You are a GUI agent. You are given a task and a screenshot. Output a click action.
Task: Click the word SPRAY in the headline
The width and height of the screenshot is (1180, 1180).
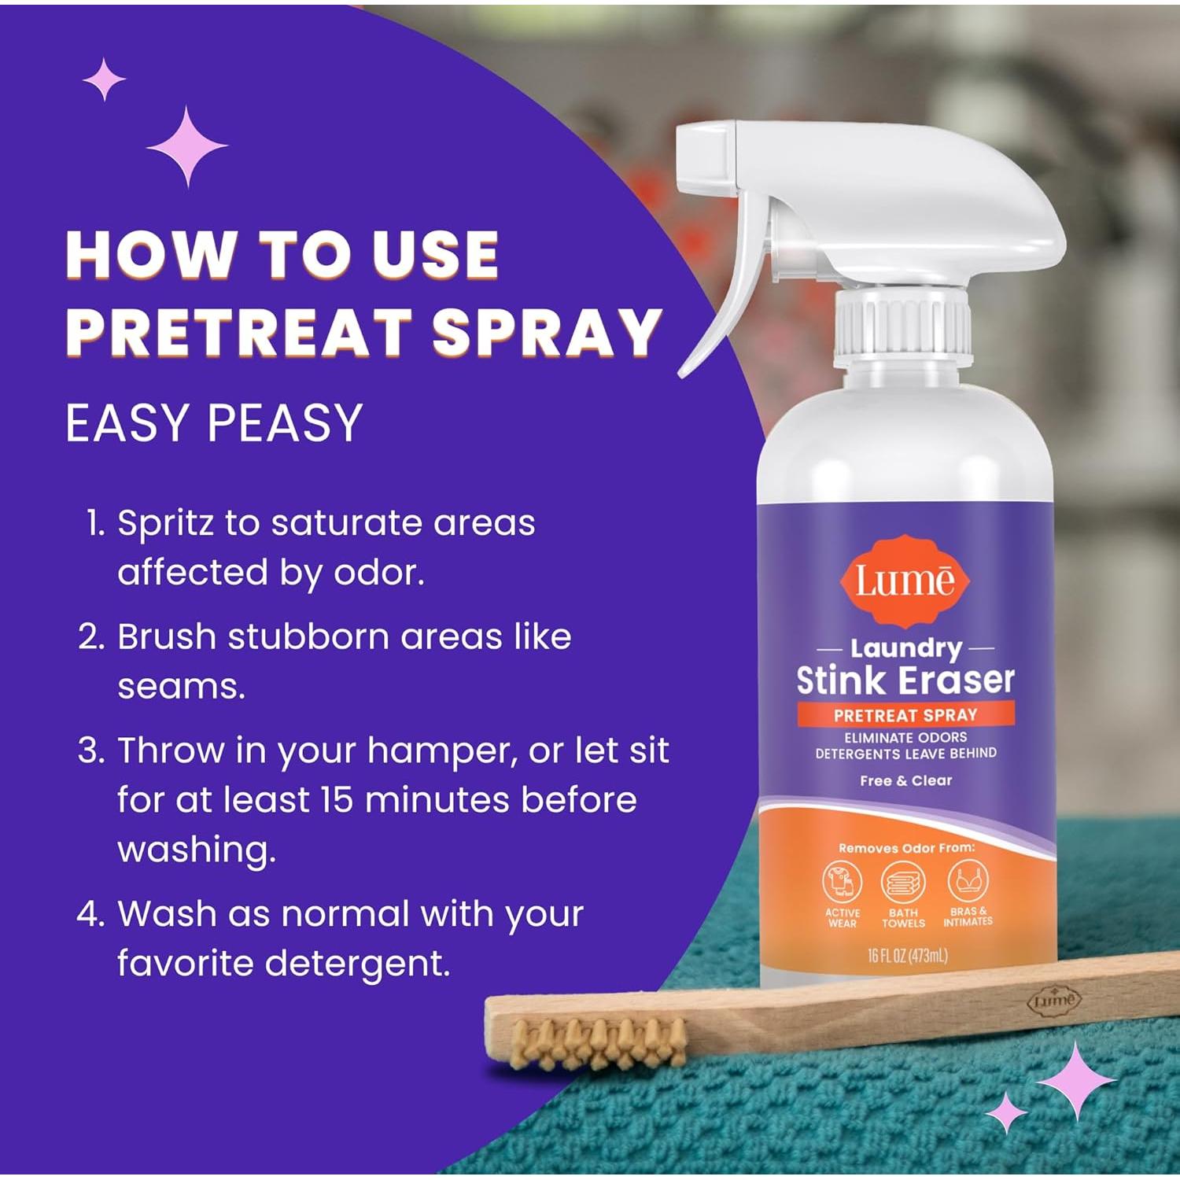point(545,332)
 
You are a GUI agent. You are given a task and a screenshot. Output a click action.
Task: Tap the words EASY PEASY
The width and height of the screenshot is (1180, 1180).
point(214,423)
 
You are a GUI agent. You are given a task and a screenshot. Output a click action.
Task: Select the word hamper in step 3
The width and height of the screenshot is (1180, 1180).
point(441,750)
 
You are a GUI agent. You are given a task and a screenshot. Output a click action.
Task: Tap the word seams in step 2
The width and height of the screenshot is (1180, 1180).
point(181,687)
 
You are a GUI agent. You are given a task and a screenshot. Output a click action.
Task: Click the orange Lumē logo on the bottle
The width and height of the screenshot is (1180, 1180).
point(905,581)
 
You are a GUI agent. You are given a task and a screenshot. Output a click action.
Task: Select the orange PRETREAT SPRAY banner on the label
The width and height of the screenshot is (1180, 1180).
point(905,715)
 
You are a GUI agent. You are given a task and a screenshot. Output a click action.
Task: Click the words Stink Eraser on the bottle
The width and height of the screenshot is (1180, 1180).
point(905,680)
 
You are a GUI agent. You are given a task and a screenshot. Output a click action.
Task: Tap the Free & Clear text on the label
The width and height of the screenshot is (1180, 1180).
point(905,780)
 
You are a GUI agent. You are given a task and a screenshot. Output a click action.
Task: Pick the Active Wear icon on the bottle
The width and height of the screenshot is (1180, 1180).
point(843,883)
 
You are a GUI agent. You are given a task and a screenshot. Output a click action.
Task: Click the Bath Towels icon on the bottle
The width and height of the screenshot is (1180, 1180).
point(902,883)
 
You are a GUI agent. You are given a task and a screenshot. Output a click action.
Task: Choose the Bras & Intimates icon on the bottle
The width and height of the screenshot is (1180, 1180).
point(967,881)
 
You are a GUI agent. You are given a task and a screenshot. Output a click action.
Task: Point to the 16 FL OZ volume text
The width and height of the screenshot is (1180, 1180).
point(907,956)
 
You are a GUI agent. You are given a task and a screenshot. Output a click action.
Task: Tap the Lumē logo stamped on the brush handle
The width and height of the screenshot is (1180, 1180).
point(1053,1001)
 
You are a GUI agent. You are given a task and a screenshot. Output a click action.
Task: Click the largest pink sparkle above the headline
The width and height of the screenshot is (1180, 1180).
point(187,146)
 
